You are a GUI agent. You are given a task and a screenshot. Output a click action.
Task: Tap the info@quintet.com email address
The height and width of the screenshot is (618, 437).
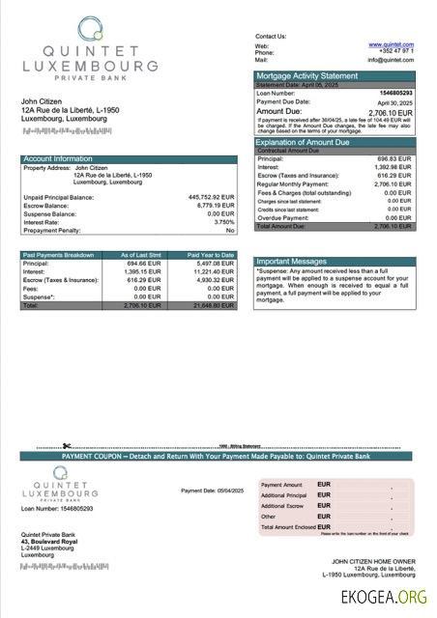coord(391,60)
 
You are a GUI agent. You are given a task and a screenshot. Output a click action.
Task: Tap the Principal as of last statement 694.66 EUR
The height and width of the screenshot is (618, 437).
coord(153,263)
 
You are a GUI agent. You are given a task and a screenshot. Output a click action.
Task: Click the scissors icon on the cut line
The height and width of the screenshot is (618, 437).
coord(67,446)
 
